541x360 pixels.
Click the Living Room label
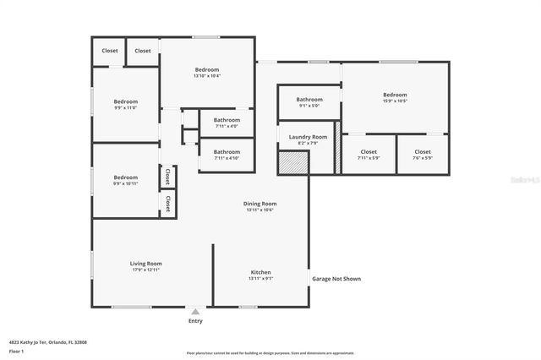pos(145,264)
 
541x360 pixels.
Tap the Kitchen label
pos(260,272)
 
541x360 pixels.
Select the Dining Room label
pos(260,204)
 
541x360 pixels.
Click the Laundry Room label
pos(308,137)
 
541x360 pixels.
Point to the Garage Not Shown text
pos(336,278)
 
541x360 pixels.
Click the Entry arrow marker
pos(195,312)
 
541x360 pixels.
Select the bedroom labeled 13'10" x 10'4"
pos(207,69)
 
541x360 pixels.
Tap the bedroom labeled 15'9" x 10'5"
pos(395,95)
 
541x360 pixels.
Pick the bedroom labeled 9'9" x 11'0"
pos(125,101)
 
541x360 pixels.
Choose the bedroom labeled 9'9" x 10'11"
pos(125,177)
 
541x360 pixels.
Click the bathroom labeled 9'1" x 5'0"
pos(309,100)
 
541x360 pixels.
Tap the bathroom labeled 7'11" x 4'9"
pos(227,120)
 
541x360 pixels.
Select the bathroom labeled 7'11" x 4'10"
pos(227,151)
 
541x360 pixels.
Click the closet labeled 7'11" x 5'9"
pos(369,152)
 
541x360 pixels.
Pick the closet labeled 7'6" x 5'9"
pos(422,152)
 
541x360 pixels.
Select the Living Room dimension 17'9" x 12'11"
pos(145,270)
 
